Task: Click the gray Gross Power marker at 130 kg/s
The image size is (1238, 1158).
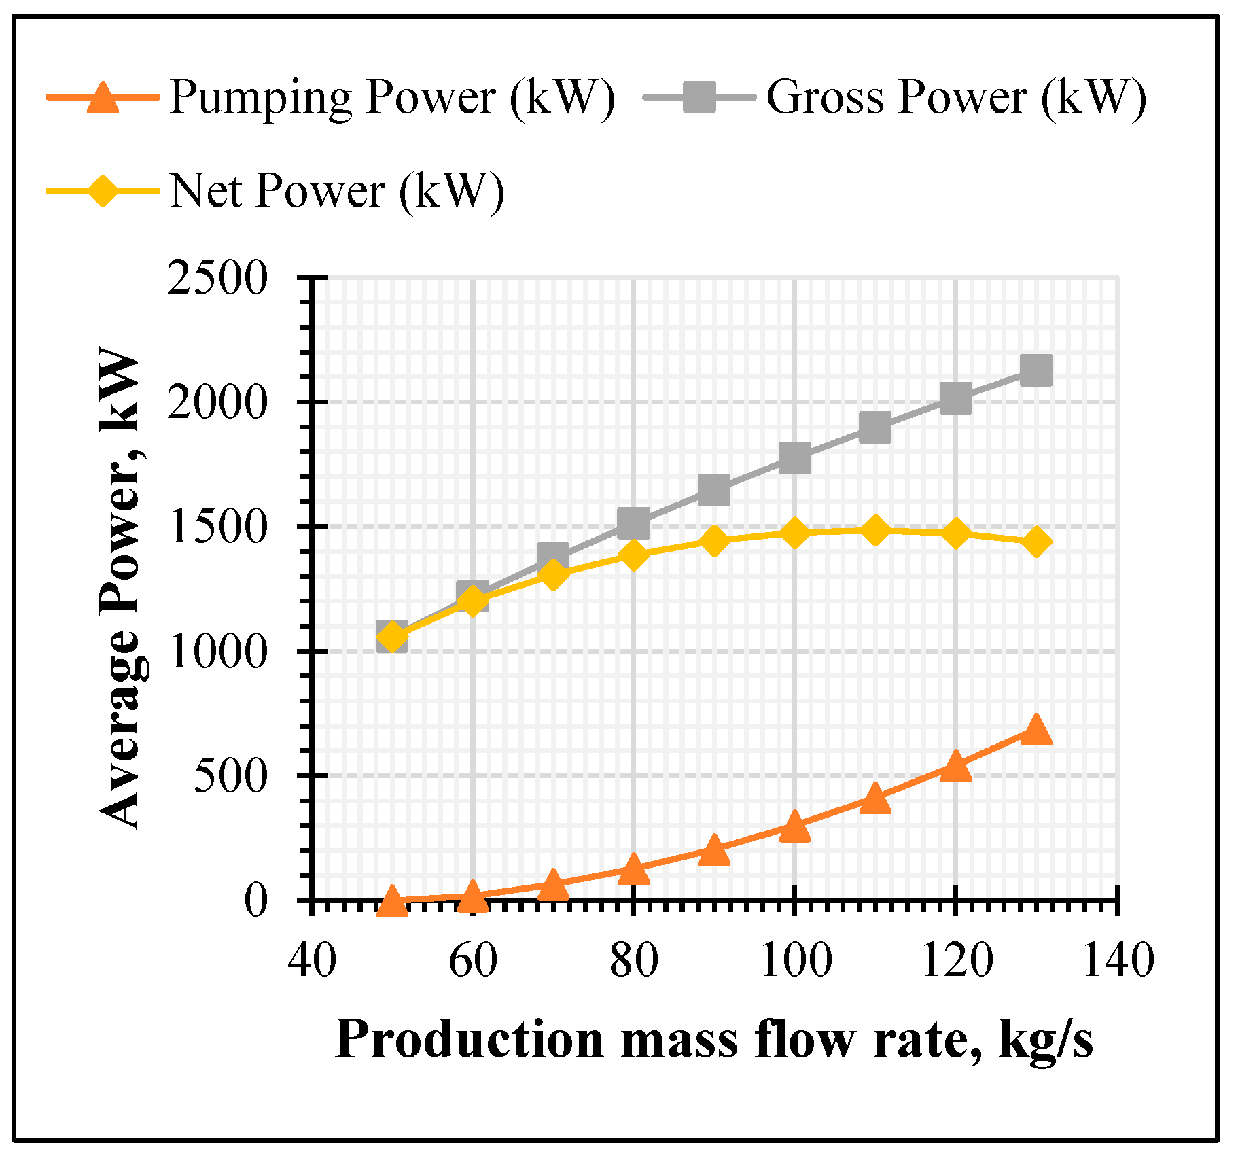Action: [1036, 370]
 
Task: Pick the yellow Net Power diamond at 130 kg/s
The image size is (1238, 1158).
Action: [1036, 542]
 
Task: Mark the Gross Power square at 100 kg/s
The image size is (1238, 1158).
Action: [794, 458]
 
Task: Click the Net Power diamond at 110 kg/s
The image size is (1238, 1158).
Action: [875, 530]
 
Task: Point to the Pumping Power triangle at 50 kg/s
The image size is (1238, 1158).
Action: [392, 900]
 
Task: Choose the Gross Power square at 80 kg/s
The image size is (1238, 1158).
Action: [633, 523]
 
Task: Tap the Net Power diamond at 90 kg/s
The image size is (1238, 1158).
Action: [713, 540]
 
